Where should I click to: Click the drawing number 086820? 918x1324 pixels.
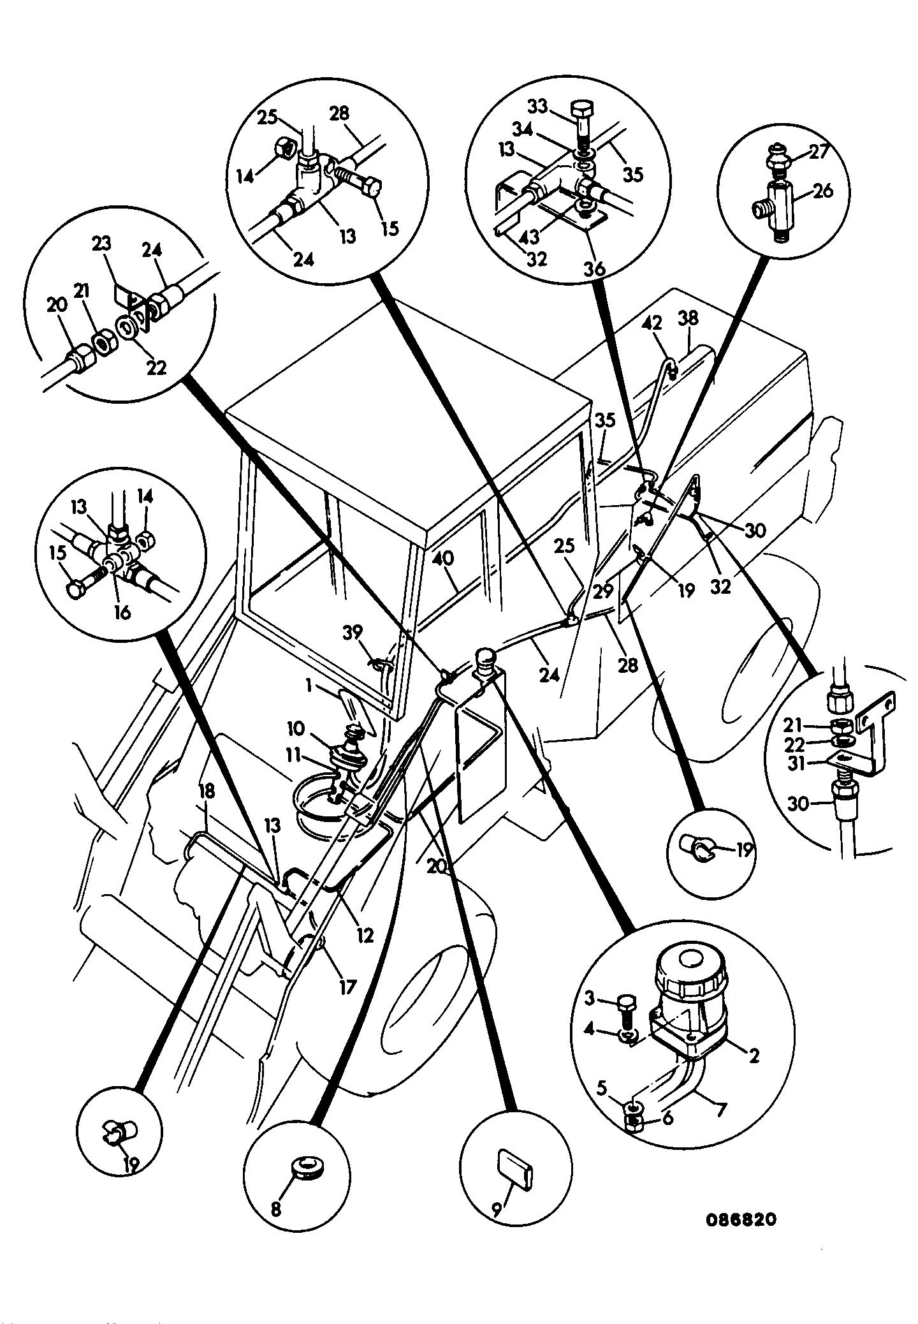tap(741, 1219)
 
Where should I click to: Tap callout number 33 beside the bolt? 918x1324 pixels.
tap(538, 107)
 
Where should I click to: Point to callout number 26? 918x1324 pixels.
tap(823, 191)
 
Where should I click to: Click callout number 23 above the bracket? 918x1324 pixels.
tap(101, 243)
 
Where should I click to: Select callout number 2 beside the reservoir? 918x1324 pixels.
tap(754, 1056)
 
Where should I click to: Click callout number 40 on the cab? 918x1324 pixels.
tap(444, 559)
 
